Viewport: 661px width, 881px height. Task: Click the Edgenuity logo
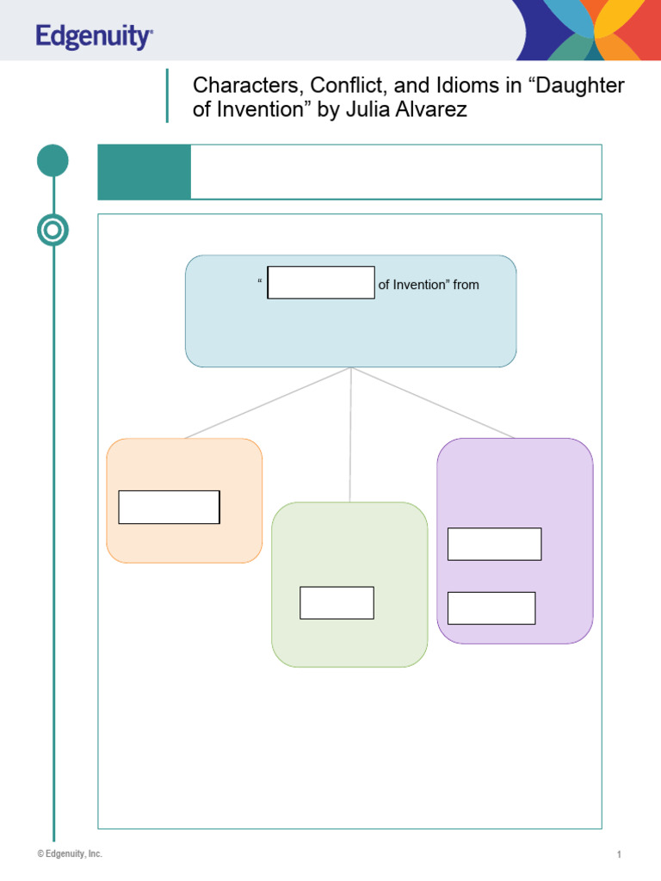(94, 36)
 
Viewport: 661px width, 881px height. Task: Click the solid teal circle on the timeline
(53, 161)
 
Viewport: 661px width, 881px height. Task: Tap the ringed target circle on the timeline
(53, 230)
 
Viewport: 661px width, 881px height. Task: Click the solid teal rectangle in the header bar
(145, 172)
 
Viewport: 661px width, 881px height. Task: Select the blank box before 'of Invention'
(321, 282)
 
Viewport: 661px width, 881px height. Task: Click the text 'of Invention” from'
(429, 285)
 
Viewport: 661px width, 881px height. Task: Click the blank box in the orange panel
(170, 508)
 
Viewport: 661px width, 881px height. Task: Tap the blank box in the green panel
(337, 603)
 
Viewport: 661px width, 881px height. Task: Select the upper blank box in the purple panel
(495, 544)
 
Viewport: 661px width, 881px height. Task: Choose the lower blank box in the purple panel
(491, 608)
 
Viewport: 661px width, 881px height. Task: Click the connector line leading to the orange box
(268, 403)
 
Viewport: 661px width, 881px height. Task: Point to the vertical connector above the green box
(350, 434)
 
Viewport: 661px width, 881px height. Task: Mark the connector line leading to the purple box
(433, 403)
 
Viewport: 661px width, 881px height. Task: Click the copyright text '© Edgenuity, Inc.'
(70, 853)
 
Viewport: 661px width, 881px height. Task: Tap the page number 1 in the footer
(619, 854)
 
